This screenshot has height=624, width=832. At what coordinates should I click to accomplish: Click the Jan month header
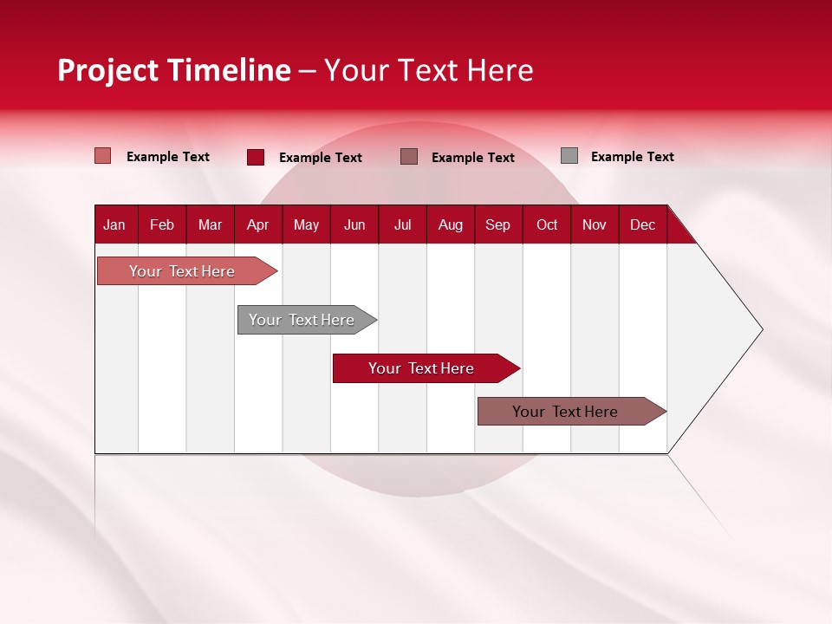tap(114, 225)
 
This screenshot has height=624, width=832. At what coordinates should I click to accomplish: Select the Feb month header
tap(162, 225)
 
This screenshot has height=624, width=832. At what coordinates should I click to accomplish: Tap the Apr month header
tap(258, 225)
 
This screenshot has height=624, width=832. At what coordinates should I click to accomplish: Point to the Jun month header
tap(354, 225)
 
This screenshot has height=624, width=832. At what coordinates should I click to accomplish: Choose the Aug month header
tap(451, 225)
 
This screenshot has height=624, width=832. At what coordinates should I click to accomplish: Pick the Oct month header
tap(547, 225)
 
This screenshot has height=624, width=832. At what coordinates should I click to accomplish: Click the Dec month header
tap(642, 225)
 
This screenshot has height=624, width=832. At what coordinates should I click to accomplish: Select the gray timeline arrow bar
tap(307, 320)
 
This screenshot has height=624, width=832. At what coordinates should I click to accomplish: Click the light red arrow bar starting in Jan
tap(187, 271)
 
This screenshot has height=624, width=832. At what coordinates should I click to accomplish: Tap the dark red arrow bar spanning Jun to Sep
tap(426, 368)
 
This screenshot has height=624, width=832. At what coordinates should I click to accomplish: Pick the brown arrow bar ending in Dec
tap(572, 411)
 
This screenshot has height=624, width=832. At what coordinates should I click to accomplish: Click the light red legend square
tap(102, 156)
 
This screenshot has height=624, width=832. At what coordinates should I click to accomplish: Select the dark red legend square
tap(256, 157)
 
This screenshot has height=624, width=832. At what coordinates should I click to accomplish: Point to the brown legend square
tap(408, 157)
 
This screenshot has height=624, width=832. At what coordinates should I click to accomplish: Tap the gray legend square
tap(569, 155)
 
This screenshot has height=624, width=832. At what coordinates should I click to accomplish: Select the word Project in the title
tap(107, 71)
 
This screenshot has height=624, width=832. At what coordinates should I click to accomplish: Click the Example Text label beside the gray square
tap(633, 157)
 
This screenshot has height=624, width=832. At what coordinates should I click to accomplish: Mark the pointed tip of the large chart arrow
tap(763, 329)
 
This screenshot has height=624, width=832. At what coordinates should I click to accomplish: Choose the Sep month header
tap(497, 225)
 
